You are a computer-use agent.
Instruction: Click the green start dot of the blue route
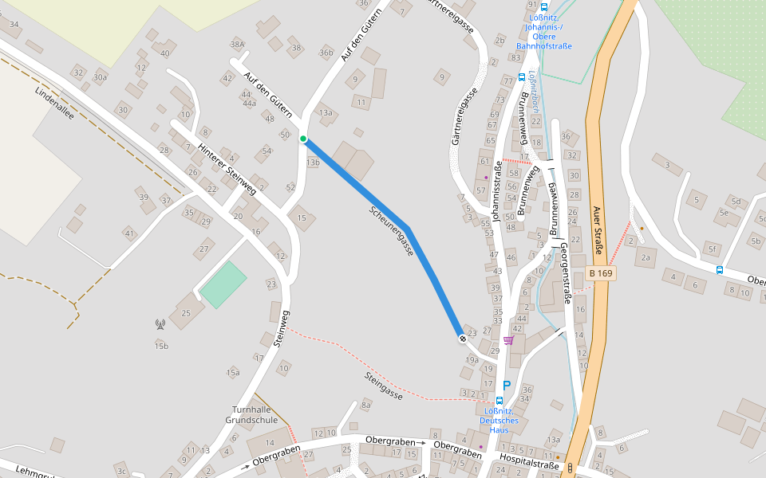[x=303, y=139]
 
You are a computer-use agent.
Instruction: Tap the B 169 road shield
[x=601, y=273]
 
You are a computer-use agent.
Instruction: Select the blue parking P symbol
[x=506, y=385]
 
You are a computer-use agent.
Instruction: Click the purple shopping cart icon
[x=508, y=341]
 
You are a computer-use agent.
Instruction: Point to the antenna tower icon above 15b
[x=160, y=324]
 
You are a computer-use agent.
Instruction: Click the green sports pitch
[x=223, y=284]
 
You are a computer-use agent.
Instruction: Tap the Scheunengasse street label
[x=392, y=231]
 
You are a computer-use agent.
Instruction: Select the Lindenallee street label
[x=55, y=103]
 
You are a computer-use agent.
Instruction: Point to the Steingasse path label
[x=384, y=386]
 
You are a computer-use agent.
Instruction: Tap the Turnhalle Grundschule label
[x=251, y=414]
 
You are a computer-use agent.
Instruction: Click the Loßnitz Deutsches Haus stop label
[x=499, y=420]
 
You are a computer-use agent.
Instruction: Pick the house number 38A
[x=237, y=44]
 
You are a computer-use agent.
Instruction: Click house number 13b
[x=313, y=163]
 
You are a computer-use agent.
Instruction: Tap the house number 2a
[x=645, y=257]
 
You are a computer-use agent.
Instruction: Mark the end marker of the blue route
[x=462, y=339]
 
